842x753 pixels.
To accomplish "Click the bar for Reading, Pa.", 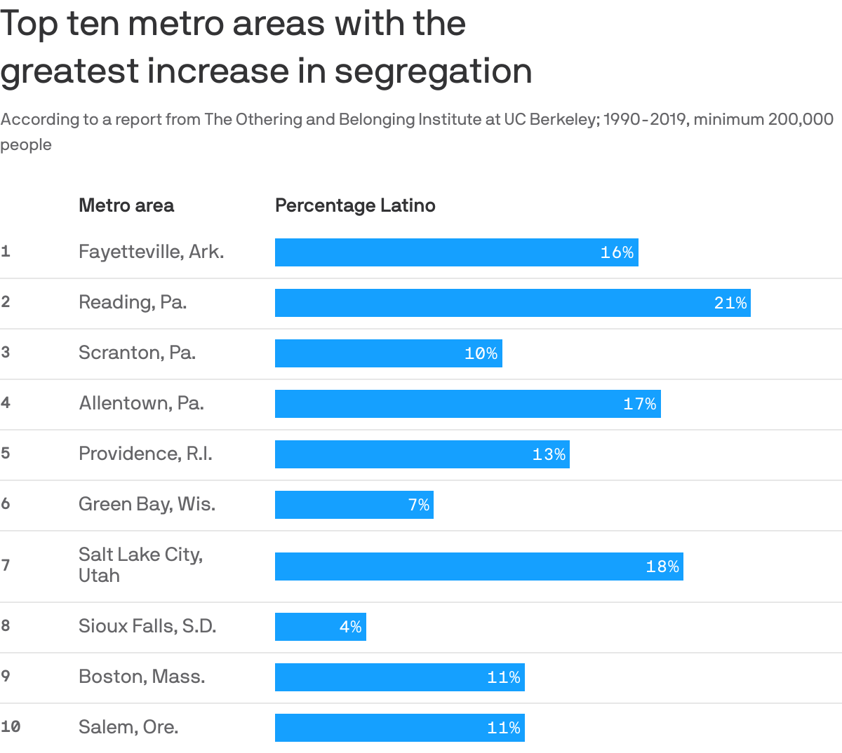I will [x=512, y=303].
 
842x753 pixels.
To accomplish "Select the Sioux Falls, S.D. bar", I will [x=320, y=627].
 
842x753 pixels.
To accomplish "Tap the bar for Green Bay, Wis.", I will [x=354, y=505].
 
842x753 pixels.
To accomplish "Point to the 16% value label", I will [x=617, y=252].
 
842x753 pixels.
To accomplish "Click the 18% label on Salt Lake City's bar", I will [x=662, y=567].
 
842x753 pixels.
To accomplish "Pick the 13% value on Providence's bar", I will [x=549, y=454].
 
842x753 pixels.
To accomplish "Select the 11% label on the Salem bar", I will [x=504, y=728].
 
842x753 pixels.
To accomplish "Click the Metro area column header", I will [x=126, y=205].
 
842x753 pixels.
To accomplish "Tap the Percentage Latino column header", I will [x=355, y=205].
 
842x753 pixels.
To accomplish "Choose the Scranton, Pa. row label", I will [x=137, y=352].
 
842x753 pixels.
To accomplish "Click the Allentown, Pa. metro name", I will [x=141, y=403].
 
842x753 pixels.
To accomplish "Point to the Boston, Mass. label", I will [x=142, y=677].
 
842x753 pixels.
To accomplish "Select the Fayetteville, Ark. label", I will [x=151, y=252].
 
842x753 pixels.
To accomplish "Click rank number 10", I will [x=11, y=727].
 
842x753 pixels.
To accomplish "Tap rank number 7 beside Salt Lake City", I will [x=6, y=565].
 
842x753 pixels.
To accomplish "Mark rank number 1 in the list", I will [x=6, y=252].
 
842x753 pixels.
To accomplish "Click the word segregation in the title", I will [x=433, y=72].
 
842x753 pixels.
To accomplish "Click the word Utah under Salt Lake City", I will [x=99, y=576].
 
